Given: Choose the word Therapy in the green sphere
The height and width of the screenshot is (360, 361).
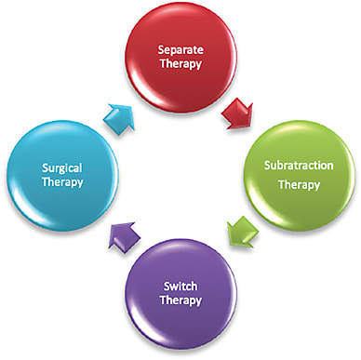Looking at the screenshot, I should point(302,184).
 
